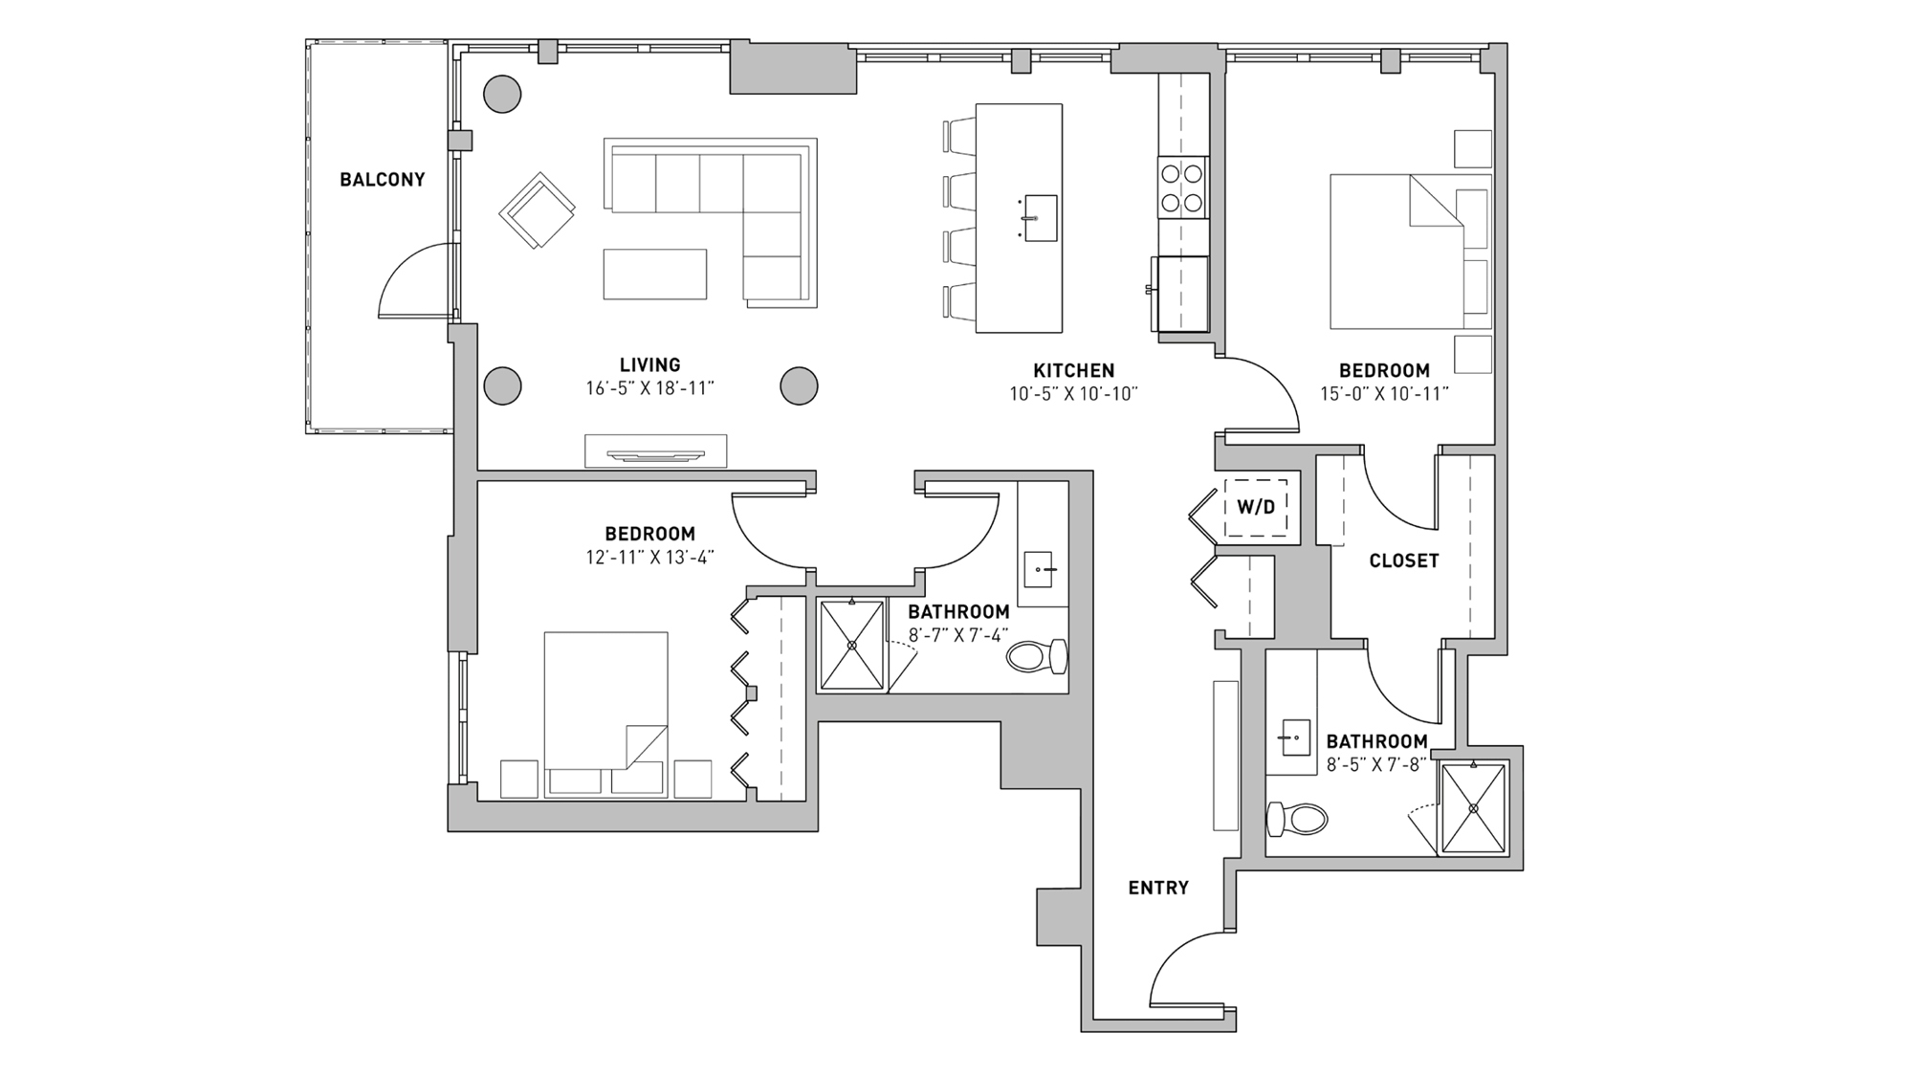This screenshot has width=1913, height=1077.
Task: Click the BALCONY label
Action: point(382,180)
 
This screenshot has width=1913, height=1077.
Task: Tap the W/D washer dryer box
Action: point(1256,507)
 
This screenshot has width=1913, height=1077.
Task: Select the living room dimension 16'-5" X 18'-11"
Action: point(650,389)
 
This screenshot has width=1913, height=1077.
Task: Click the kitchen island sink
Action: point(1040,218)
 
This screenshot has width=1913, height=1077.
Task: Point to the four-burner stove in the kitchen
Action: point(1182,188)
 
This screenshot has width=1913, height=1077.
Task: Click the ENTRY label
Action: point(1158,889)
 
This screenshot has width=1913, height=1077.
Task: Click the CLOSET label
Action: point(1403,561)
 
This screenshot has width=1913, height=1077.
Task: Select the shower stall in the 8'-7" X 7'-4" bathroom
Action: point(851,645)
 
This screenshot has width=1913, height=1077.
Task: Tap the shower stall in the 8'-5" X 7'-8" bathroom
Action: point(1473,808)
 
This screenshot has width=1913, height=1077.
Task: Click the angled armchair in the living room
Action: point(537,211)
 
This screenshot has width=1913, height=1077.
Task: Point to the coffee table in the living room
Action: point(655,275)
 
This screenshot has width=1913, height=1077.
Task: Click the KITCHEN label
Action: point(1073,371)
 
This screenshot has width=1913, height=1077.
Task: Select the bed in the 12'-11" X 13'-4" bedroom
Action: point(605,713)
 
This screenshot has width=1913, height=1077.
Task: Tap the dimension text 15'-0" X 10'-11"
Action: point(1384,394)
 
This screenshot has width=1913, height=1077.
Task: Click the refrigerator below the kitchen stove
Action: point(1182,294)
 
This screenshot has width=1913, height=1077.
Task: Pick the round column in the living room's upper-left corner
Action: point(502,95)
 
